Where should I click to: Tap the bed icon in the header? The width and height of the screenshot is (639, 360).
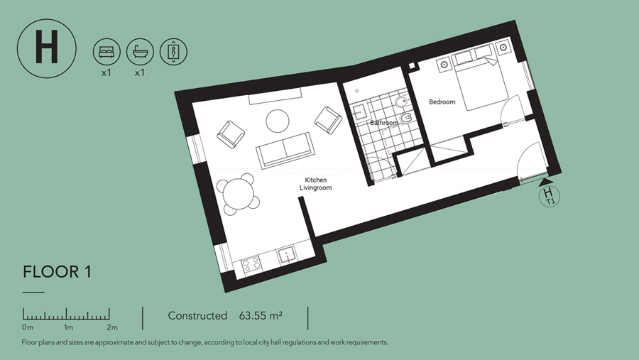click(x=106, y=52)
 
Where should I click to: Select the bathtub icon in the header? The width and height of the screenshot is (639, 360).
click(x=140, y=52)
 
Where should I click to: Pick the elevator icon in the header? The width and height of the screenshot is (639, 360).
click(x=173, y=52)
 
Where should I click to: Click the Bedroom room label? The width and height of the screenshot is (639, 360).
click(x=442, y=102)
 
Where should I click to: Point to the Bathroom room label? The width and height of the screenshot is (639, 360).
click(x=384, y=123)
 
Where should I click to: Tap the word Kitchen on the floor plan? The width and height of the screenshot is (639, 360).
click(x=316, y=180)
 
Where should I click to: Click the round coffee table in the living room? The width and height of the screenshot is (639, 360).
click(x=278, y=121)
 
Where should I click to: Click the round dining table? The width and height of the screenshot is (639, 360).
click(x=239, y=195)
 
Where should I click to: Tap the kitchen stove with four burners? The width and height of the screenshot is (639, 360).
click(x=251, y=265)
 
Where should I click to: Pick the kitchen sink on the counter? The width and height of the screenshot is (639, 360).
click(x=288, y=256)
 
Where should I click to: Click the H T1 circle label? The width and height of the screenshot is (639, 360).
click(x=549, y=196)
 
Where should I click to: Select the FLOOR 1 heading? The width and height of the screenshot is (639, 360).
click(x=57, y=272)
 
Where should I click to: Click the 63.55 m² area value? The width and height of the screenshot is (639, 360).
click(x=261, y=315)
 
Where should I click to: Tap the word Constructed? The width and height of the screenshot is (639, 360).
click(x=197, y=315)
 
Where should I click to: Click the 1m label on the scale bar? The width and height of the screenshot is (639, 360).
click(x=68, y=327)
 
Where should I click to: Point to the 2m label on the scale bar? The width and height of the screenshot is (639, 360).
click(x=112, y=327)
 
